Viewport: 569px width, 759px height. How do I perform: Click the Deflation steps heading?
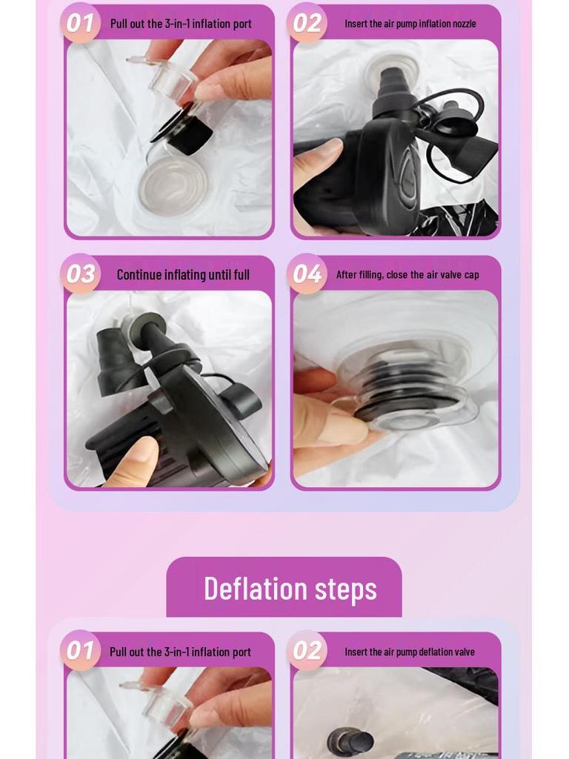pos(290,589)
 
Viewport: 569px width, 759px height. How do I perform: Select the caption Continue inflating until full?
pos(183,275)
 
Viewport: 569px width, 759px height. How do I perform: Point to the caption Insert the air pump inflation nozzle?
pos(410,24)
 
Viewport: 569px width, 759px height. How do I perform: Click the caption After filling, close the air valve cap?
pos(407,275)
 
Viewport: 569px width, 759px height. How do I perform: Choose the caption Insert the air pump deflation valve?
pos(409,652)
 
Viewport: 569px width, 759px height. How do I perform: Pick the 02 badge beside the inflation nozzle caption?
pos(307,23)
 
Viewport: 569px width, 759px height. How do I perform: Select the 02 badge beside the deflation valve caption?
pos(307,651)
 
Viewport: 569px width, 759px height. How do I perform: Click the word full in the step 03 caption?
pos(242,275)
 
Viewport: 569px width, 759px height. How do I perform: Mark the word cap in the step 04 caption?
pos(471,275)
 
